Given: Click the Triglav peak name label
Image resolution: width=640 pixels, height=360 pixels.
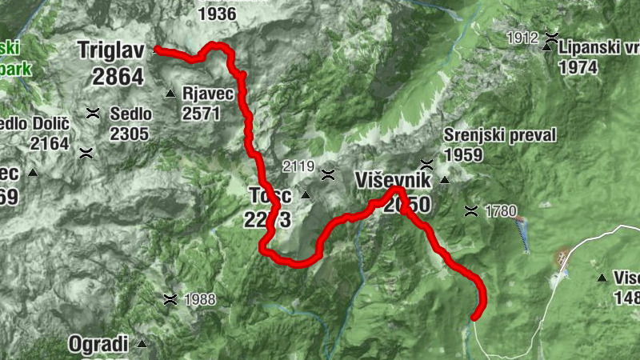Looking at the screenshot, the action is click(110, 50).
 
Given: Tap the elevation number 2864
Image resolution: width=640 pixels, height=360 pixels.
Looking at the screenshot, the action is click(118, 77).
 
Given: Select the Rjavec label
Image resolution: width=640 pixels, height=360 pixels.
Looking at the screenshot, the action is click(208, 94).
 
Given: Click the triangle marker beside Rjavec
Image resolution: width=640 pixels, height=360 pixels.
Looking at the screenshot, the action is click(170, 95).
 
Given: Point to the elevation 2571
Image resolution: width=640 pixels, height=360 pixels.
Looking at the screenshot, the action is click(201, 113).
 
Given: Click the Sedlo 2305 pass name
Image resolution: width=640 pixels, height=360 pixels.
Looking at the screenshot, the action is click(131, 114).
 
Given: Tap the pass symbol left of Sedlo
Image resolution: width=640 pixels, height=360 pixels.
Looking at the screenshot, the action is click(94, 112).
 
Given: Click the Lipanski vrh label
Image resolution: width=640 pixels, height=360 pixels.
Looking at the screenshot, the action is click(599, 47).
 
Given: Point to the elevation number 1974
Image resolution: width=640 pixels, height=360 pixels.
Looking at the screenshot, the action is click(578, 67).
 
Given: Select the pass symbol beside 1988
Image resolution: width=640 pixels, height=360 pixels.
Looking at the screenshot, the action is click(170, 299).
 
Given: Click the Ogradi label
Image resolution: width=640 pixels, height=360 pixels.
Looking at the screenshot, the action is click(98, 345).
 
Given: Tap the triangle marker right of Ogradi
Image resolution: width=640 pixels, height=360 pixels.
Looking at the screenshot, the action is click(142, 344).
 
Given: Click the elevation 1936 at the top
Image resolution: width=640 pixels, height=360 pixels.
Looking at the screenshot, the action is click(216, 14).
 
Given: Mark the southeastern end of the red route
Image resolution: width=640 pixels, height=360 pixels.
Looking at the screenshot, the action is click(475, 317).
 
